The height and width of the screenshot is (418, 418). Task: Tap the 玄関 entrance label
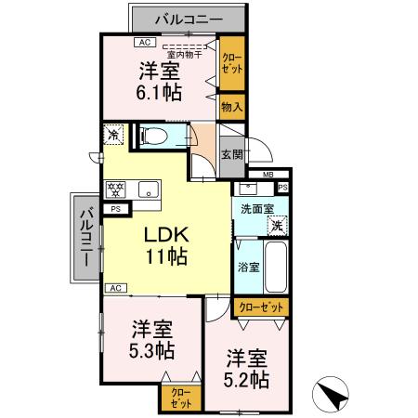232,155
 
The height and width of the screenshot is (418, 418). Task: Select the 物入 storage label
231,107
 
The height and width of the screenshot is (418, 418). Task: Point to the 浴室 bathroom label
247,267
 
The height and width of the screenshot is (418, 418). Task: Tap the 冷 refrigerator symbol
113,134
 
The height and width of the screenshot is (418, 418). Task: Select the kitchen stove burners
116,190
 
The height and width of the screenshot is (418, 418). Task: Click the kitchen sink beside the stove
147,190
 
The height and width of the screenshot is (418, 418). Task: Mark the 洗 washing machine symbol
277,226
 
